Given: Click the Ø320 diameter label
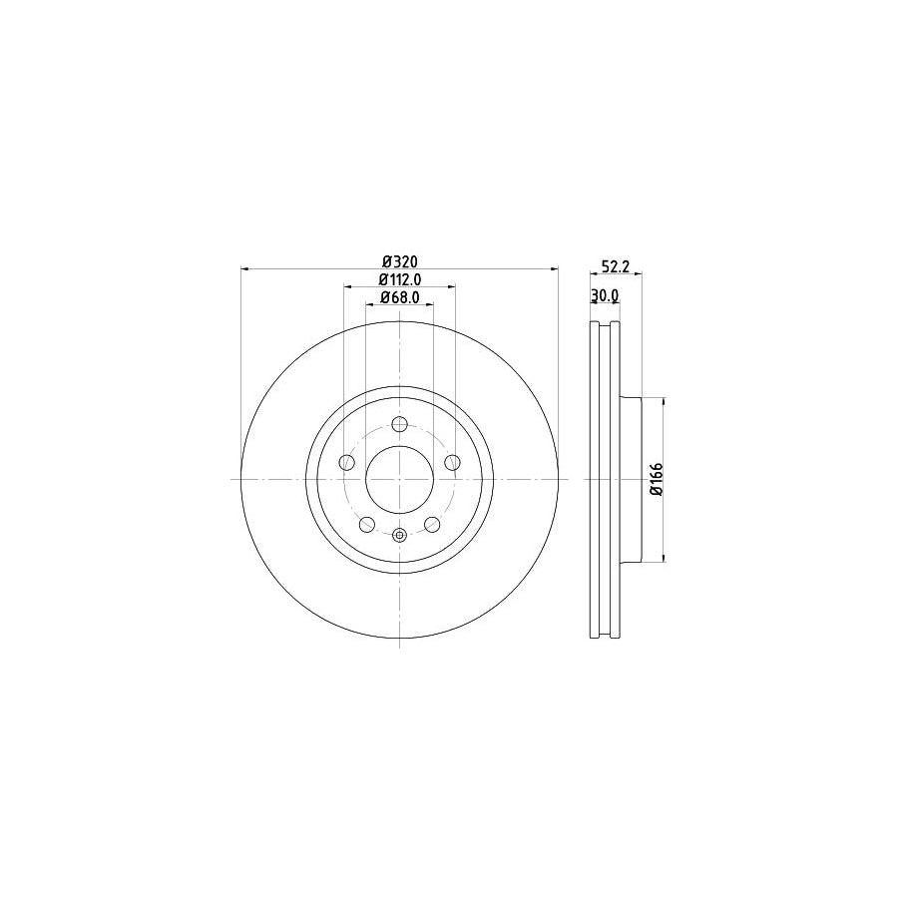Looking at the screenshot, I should point(399,262).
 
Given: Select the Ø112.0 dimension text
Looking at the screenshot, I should point(400,280).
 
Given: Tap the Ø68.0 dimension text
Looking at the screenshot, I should point(399,297).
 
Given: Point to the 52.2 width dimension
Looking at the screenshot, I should point(616,266).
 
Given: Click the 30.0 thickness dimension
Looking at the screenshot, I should point(605,295).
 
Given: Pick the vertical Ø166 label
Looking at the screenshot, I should point(655,480).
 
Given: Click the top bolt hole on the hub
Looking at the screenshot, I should point(400,423).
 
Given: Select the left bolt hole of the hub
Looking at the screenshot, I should point(346,462).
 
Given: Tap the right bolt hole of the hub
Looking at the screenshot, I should point(453,462).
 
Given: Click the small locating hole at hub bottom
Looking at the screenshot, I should point(400,535).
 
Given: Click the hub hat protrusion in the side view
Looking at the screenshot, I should point(630,480).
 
